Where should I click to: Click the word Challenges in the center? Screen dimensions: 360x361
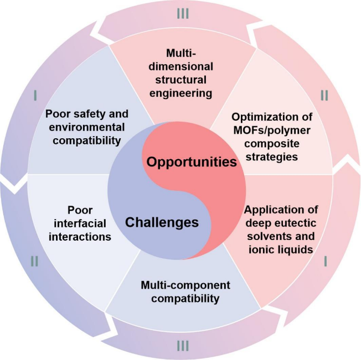click(162, 222)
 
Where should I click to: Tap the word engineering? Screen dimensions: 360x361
click(181, 93)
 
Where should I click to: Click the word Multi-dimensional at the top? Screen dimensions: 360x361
click(181, 60)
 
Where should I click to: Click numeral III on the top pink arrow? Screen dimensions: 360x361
click(183, 12)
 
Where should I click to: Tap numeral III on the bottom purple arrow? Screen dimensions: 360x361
click(183, 347)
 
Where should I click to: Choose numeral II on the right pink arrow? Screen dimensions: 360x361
click(324, 96)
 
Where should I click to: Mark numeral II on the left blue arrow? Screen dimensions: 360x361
click(34, 261)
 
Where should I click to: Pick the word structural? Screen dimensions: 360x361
click(181, 80)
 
